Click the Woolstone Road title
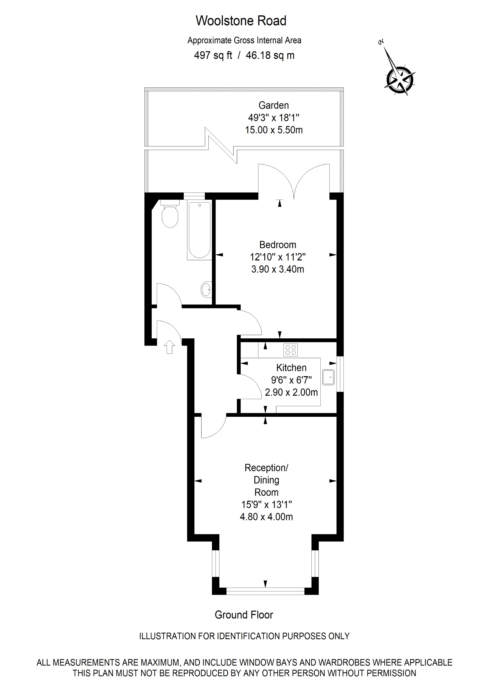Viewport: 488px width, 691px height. [241, 21]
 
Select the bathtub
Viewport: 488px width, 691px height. [199, 230]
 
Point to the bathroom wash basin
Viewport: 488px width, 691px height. [206, 290]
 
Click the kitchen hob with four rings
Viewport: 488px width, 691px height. [290, 350]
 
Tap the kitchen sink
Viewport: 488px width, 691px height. [328, 377]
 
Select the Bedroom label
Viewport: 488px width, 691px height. [277, 244]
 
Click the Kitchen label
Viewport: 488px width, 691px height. [291, 367]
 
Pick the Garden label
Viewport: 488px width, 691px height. [274, 105]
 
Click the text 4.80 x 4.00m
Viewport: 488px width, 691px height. [266, 517]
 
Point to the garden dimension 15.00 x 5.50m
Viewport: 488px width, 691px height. [274, 130]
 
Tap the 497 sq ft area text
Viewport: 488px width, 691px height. [213, 55]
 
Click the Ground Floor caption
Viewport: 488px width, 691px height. [244, 614]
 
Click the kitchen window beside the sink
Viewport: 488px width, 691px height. [340, 374]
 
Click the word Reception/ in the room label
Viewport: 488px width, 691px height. [266, 468]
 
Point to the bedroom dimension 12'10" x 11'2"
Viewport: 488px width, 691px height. [277, 257]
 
